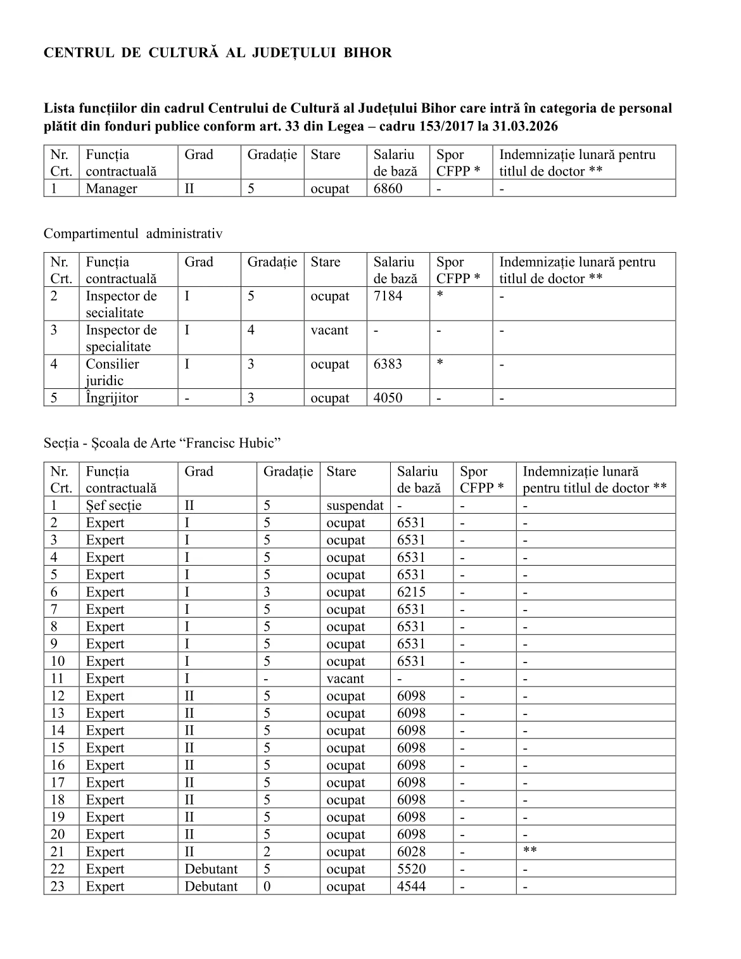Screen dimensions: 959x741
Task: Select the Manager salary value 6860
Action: [388, 188]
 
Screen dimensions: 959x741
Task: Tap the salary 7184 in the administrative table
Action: [388, 296]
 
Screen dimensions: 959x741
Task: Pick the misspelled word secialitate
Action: [115, 312]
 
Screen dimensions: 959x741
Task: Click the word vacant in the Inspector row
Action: [329, 330]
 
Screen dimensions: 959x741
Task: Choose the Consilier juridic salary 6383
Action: [388, 364]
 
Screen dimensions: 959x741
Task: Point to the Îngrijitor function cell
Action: [111, 398]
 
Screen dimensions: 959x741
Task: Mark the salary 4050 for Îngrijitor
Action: [388, 398]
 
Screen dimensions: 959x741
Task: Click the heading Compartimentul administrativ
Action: [133, 234]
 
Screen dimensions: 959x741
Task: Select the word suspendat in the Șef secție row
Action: [355, 505]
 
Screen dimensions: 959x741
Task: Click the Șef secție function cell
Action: [114, 505]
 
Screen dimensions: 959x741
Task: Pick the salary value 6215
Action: [411, 592]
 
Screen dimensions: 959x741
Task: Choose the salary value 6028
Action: [411, 852]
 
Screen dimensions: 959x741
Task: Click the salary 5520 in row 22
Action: [411, 869]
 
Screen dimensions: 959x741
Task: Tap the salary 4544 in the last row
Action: [411, 886]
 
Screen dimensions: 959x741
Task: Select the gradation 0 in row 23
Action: [267, 886]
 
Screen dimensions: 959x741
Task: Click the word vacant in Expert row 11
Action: [345, 679]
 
